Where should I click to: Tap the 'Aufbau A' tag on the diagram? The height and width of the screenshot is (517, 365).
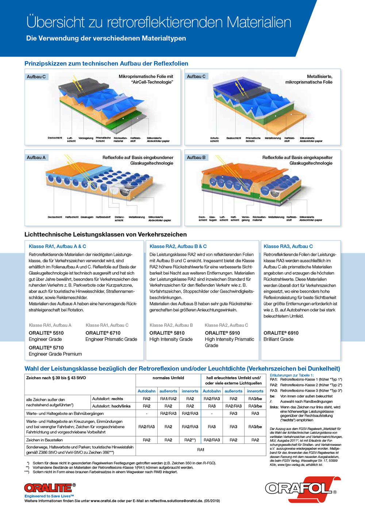[36, 157]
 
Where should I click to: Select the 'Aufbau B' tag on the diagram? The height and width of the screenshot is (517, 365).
[196, 157]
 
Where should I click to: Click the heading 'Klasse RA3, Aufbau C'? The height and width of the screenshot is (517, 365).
[288, 246]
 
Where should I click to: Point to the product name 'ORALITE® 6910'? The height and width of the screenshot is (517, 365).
[281, 333]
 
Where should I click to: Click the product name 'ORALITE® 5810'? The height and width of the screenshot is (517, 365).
[167, 333]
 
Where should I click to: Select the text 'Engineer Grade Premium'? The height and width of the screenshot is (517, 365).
[55, 354]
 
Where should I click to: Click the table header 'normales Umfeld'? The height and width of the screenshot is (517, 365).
[168, 378]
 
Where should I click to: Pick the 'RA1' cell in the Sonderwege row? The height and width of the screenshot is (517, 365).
[201, 449]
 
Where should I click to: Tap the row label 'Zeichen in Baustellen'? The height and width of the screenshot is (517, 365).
[45, 440]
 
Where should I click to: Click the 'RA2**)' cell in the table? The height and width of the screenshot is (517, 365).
[190, 440]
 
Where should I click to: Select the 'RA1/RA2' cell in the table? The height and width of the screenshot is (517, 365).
[168, 399]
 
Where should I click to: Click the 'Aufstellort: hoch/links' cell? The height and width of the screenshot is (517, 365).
[111, 406]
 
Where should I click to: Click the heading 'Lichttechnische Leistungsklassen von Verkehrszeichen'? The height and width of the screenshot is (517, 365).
[105, 234]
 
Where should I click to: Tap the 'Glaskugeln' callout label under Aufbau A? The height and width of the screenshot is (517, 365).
[87, 217]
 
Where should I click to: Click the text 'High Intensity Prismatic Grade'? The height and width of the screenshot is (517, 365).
[229, 342]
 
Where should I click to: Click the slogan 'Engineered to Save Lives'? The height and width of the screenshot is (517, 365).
[49, 496]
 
